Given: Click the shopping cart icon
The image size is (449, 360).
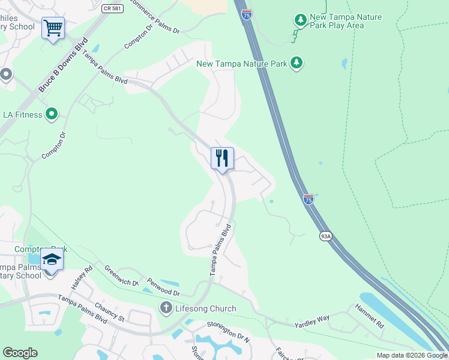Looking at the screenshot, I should (x=53, y=28).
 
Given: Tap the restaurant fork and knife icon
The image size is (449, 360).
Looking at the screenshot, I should (x=222, y=158).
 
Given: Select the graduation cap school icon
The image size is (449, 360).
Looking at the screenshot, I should (x=52, y=259).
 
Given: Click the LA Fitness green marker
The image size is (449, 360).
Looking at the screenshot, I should (x=52, y=114).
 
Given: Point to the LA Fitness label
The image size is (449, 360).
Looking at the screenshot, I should (x=23, y=115).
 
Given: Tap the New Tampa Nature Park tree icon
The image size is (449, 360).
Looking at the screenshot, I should (x=296, y=62).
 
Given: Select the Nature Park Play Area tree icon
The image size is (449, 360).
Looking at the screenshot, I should (x=300, y=21).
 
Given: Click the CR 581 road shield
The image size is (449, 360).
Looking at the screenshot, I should (x=107, y=8).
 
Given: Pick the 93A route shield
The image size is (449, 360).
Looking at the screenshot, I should (x=325, y=236).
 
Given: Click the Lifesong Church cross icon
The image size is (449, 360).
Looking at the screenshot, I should (x=166, y=308).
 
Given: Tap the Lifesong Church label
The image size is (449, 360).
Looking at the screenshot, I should (x=206, y=308).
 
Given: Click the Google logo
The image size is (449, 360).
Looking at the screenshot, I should (x=20, y=353).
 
